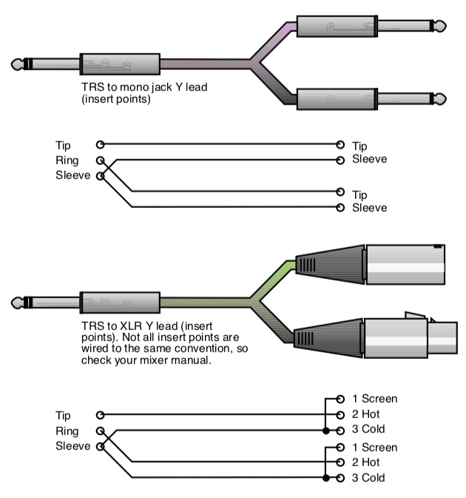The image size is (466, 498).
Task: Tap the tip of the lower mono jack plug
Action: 441,98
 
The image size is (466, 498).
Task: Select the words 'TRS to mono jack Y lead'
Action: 144,87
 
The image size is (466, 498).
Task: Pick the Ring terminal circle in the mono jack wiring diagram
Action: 100,160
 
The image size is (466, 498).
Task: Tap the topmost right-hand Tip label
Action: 359,147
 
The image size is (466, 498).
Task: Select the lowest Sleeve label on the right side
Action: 369,208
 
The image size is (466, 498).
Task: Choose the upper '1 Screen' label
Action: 375,399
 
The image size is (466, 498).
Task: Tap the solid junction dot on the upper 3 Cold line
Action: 325,430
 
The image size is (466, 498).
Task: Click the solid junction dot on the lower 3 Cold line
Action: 325,478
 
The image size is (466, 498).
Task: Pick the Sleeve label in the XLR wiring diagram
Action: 72,445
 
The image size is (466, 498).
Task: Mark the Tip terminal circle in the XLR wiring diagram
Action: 100,415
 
